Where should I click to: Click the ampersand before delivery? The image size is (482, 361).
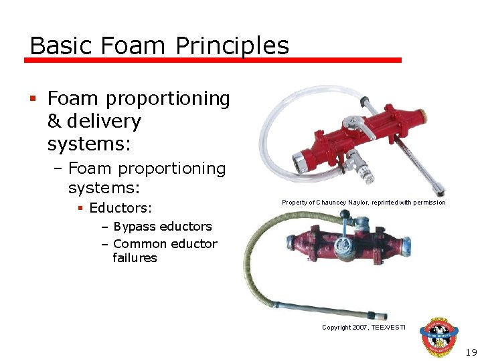54,122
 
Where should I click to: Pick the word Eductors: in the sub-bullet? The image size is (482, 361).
120,207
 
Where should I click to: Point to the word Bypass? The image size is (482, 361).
137,227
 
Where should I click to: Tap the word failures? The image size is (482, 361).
135,258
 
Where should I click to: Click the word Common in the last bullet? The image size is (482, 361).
139,243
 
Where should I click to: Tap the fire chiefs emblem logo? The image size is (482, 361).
438,337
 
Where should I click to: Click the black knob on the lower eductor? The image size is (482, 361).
346,215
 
